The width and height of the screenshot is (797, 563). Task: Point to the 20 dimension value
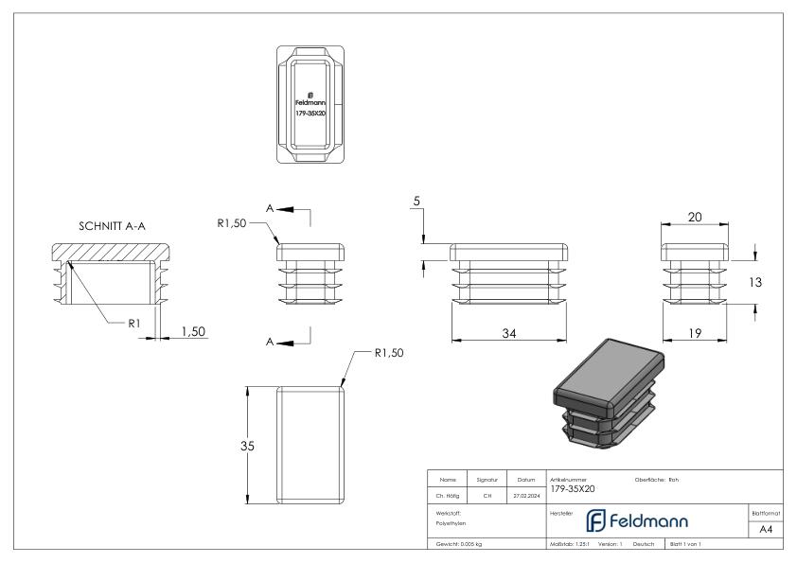(694, 218)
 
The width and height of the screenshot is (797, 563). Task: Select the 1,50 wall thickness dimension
(193, 332)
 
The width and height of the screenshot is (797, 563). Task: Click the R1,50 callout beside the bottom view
(389, 354)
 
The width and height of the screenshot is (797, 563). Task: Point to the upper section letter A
(271, 208)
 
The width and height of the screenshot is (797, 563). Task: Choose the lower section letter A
(271, 342)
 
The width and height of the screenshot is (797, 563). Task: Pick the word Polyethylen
(451, 522)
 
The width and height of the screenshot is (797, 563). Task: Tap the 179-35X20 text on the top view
(310, 113)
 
